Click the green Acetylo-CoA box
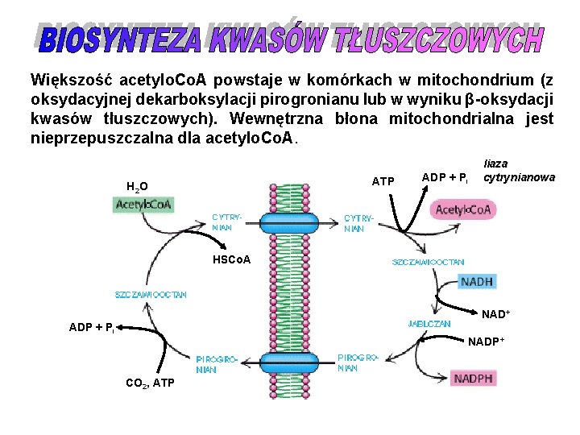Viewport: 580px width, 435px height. click(x=143, y=205)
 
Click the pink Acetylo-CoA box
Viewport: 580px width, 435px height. click(x=464, y=209)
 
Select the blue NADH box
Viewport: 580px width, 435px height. click(x=476, y=282)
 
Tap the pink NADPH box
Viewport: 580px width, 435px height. click(x=474, y=378)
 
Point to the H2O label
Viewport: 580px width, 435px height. click(x=136, y=187)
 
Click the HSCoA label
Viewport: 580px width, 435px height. click(x=231, y=260)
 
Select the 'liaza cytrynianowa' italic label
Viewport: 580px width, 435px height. click(x=518, y=170)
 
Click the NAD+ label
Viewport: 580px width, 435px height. click(x=496, y=313)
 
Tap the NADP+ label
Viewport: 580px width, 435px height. click(x=487, y=342)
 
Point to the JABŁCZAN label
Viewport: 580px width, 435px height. click(x=429, y=324)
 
